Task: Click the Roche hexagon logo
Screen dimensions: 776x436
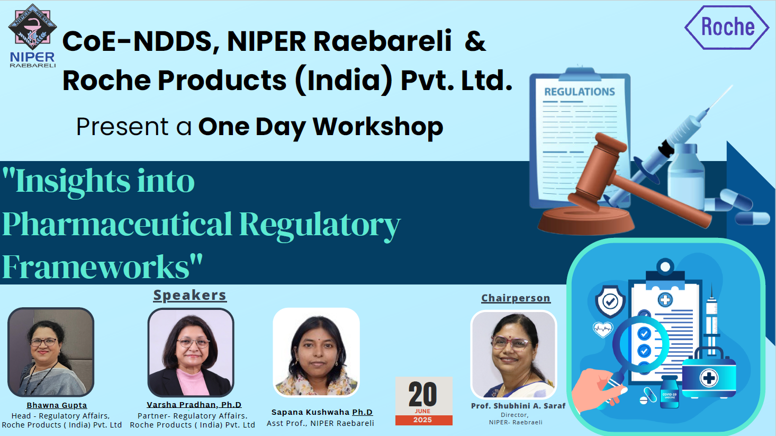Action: coord(726,28)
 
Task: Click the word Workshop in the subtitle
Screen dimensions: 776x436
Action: coord(378,127)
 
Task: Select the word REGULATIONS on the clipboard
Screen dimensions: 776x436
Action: coord(580,92)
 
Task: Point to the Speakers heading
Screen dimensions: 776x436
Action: coord(190,295)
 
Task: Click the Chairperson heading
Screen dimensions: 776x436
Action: coord(516,298)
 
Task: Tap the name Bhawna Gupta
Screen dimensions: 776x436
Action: coord(57,405)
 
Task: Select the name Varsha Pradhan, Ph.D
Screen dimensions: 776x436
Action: coord(194,404)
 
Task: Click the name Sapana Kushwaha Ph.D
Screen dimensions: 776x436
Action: coord(322,412)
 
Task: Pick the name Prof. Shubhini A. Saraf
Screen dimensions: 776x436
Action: coord(518,406)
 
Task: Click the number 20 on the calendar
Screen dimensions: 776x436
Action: coord(422,394)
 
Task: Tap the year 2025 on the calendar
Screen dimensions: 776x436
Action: coord(422,420)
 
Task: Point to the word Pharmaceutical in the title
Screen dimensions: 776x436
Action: coord(117,224)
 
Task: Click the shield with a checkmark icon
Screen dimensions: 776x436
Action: coord(610,301)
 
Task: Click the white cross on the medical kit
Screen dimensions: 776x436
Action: coord(709,378)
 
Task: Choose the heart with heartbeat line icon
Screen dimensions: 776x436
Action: coord(603,329)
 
